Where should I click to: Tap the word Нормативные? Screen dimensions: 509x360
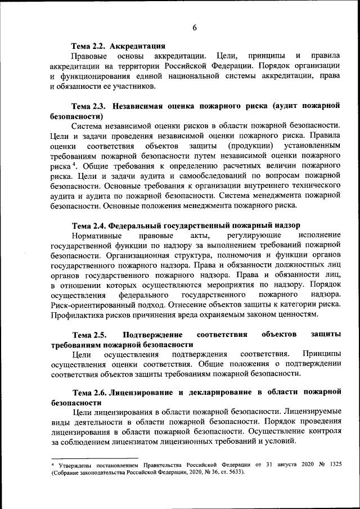[95, 234]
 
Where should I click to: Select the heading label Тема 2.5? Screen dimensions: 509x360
[88, 335]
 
